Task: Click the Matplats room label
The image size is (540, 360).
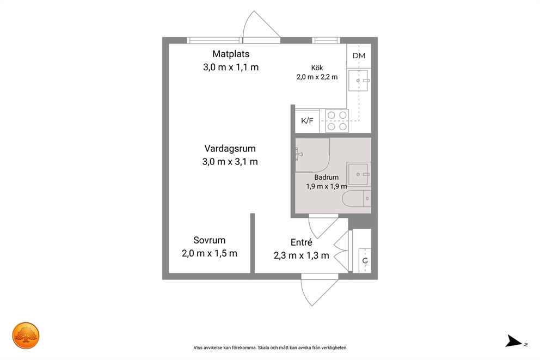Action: point(231,54)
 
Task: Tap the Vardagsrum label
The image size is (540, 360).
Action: point(230,149)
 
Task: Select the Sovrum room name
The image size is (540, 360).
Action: point(210,240)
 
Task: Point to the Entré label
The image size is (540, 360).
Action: point(302,242)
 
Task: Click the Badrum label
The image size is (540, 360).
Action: point(327,178)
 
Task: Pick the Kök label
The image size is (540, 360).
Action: point(317,68)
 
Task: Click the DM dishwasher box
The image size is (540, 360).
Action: point(359,56)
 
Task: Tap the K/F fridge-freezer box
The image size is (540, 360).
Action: point(307,121)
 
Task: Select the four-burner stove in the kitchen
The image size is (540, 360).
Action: point(337,121)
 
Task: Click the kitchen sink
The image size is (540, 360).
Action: point(358,81)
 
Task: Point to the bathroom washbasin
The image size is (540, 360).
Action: point(358,174)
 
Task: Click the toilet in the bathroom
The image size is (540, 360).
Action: point(357,199)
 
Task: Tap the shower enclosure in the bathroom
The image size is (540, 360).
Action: point(312,155)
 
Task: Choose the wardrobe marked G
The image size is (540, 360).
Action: point(365,260)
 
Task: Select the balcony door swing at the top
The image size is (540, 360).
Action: point(261,27)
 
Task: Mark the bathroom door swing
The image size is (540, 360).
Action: point(323,227)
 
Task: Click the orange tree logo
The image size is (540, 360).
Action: point(26,335)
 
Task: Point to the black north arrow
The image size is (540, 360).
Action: point(514,341)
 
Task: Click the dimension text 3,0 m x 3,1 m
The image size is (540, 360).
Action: point(230,162)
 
